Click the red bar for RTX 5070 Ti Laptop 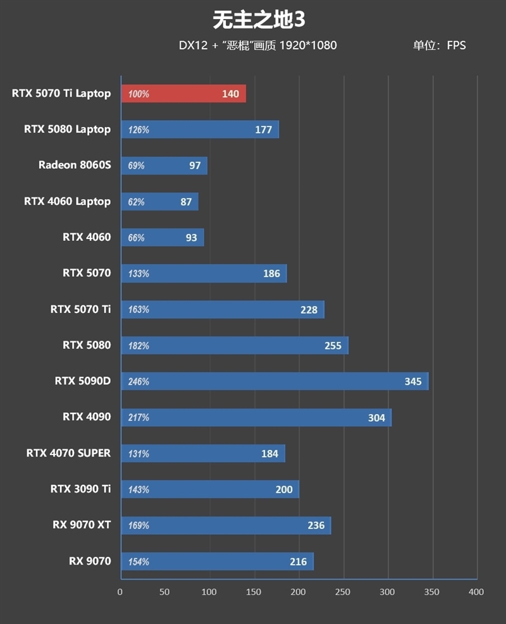[183, 94]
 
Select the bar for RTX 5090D [274, 381]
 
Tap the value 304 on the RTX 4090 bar [376, 417]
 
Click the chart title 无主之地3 [259, 20]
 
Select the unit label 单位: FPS [439, 46]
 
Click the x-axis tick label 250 [342, 592]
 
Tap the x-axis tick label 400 [476, 592]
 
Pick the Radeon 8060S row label [74, 165]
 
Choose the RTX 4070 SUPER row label [68, 453]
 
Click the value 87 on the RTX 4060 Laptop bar [186, 202]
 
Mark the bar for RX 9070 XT [226, 525]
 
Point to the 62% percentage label [136, 202]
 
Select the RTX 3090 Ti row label [80, 489]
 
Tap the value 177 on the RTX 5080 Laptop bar [264, 130]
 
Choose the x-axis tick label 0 [120, 592]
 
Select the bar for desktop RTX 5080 [234, 345]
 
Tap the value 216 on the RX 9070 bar [298, 561]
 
